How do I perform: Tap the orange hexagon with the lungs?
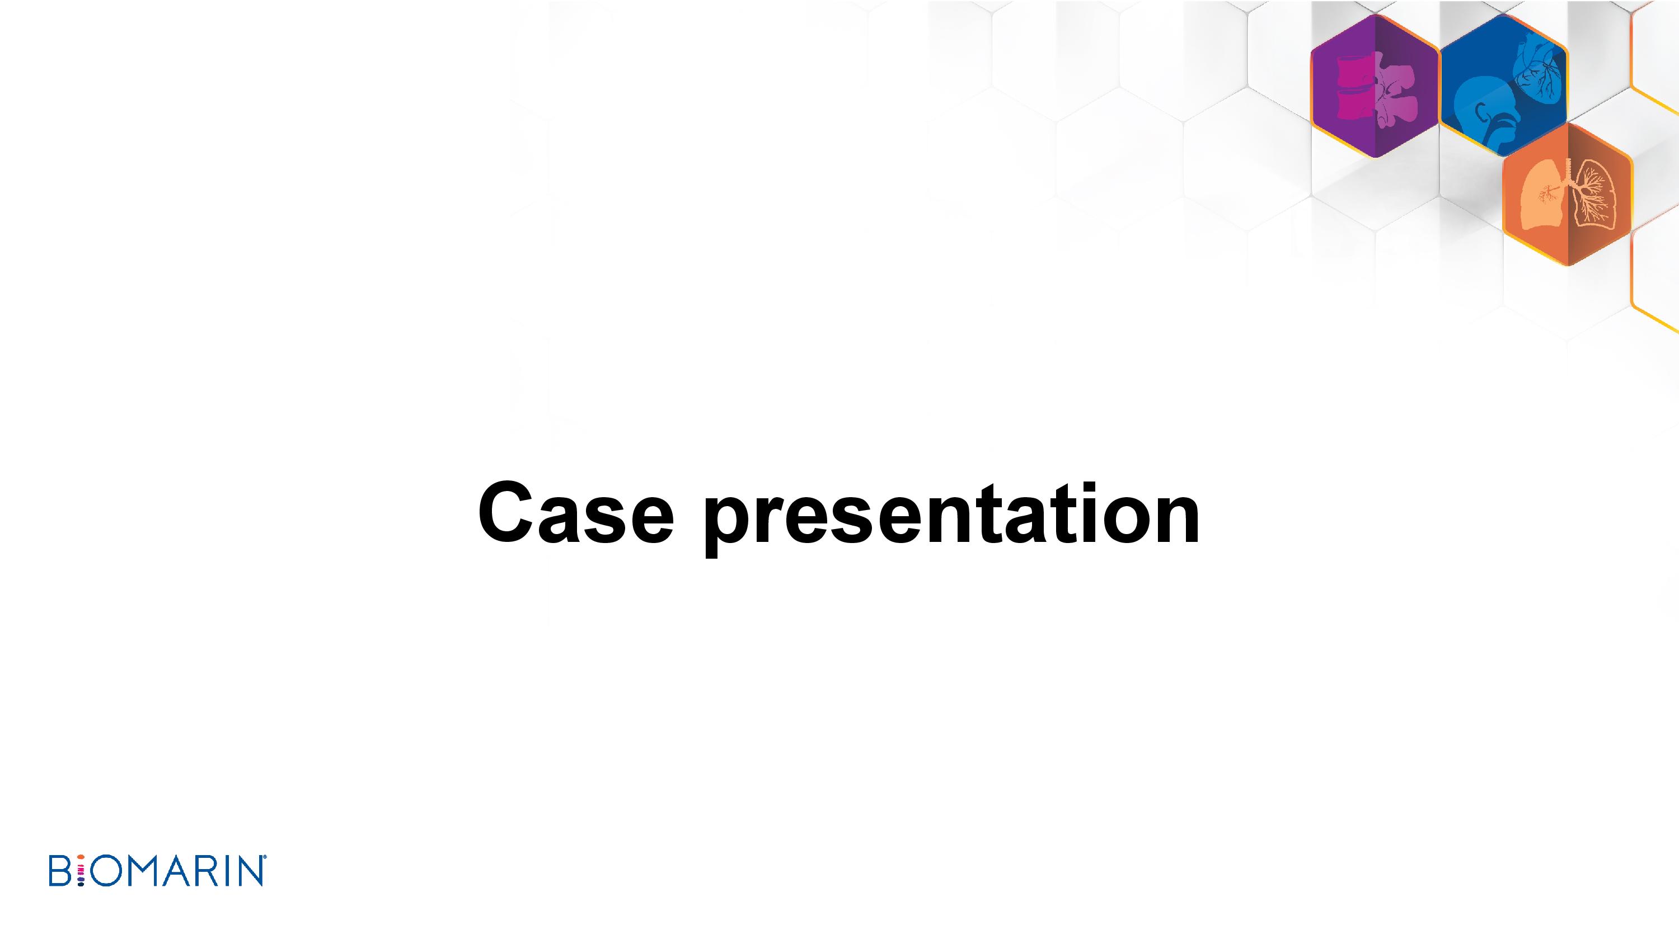coord(1568,194)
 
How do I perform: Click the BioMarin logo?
coord(157,871)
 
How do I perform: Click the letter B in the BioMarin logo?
coord(60,871)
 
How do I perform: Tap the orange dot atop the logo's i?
coord(81,861)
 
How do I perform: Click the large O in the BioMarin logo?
coord(105,872)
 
